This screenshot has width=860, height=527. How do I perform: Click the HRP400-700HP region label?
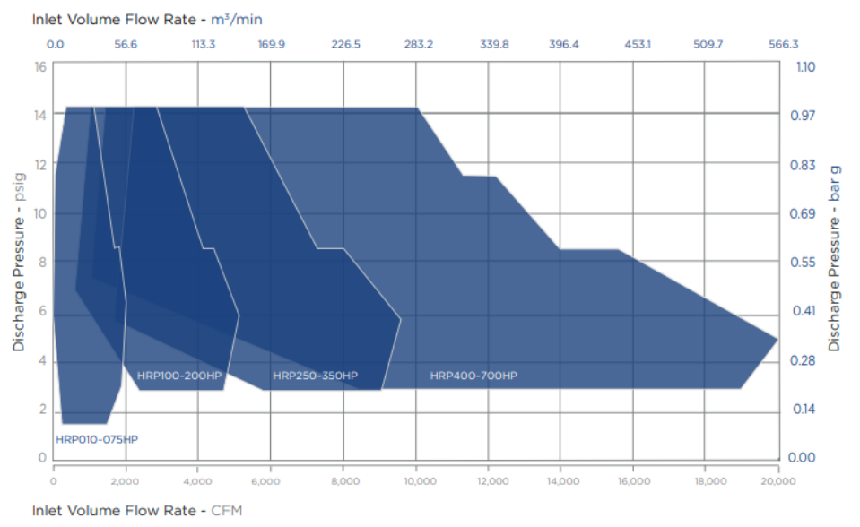tap(473, 376)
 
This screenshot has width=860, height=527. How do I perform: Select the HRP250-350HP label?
tap(315, 376)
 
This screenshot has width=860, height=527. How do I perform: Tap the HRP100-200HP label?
tap(178, 376)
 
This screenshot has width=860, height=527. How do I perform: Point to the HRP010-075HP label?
tap(97, 439)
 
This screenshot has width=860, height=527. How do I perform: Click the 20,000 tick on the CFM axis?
tap(777, 480)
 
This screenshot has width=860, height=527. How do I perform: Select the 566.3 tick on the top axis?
tap(783, 43)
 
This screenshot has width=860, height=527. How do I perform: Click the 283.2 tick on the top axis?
tap(418, 43)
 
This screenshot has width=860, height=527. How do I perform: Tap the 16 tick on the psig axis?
tap(39, 67)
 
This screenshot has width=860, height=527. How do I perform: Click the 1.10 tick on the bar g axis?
tap(804, 67)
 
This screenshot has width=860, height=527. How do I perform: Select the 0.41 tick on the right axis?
tap(804, 311)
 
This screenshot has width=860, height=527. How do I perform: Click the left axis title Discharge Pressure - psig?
tap(19, 262)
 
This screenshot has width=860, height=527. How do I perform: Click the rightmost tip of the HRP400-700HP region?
tap(777, 339)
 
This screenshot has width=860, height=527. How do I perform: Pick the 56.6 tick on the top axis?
tap(126, 43)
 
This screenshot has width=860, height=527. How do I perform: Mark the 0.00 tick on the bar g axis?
tap(804, 457)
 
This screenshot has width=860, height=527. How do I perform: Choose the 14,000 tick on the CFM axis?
tap(560, 480)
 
